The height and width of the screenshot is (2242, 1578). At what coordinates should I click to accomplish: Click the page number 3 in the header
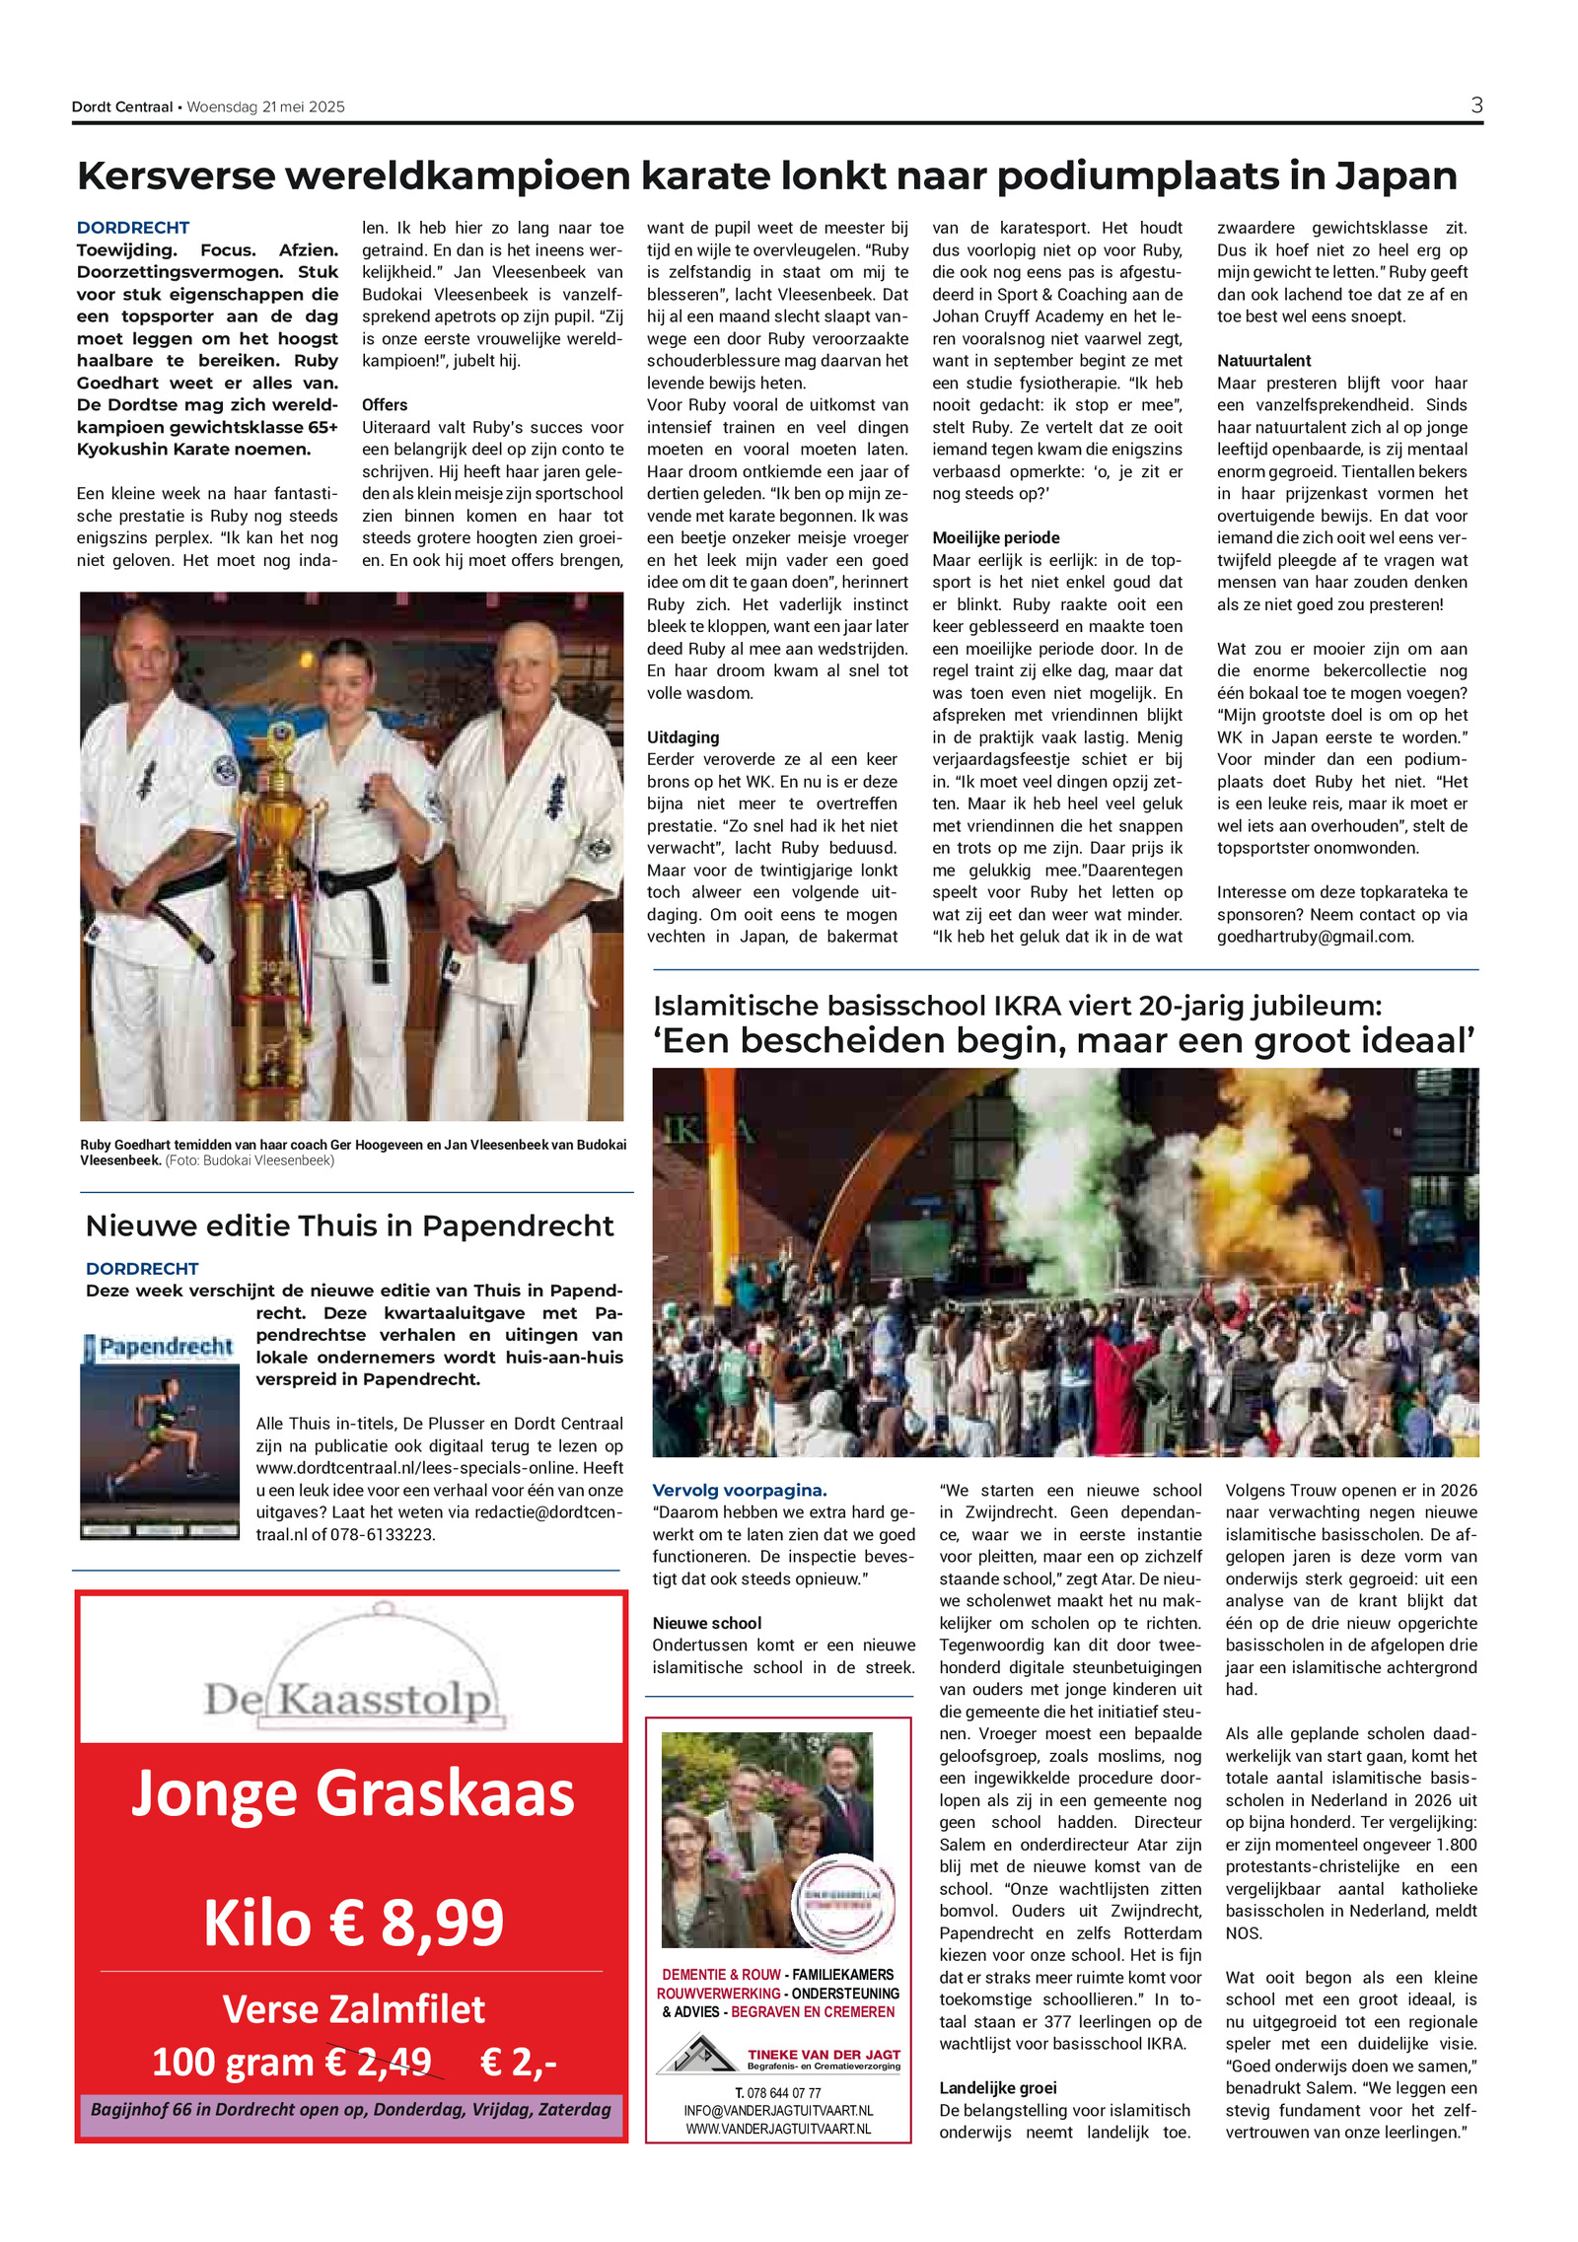tap(1475, 105)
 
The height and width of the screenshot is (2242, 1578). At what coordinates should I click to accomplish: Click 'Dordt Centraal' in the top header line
tap(122, 106)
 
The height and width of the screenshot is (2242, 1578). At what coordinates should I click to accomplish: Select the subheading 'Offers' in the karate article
tap(385, 404)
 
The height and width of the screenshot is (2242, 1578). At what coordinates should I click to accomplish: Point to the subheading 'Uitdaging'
tap(682, 736)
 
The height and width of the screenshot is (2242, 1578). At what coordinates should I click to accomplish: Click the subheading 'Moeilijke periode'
tap(995, 537)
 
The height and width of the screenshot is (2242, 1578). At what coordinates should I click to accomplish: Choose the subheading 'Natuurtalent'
tap(1263, 360)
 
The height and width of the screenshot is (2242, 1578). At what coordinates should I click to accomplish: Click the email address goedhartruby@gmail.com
tap(1315, 937)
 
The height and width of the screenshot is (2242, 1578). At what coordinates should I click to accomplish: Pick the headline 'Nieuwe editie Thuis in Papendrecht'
tap(349, 1226)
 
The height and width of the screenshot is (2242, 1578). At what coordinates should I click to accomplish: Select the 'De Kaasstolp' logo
tap(350, 1697)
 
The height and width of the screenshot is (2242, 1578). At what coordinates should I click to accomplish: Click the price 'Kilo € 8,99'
tap(353, 1922)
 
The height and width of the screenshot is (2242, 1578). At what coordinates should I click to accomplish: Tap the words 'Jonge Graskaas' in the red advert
tap(352, 1794)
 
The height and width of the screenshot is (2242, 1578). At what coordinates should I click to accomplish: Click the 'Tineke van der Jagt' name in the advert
tap(823, 2054)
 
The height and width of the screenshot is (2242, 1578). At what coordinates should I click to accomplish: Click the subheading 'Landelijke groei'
tap(997, 2087)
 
